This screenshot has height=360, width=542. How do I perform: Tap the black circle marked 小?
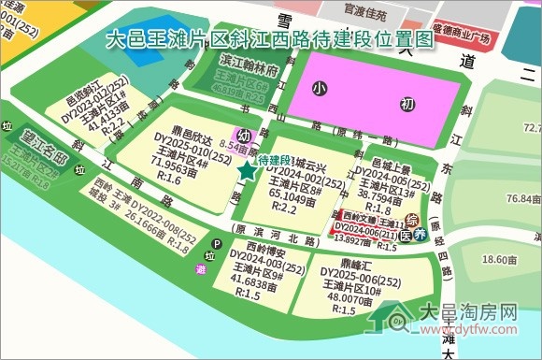pyautogui.click(x=321, y=89)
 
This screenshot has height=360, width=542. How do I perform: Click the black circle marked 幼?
pyautogui.click(x=245, y=135)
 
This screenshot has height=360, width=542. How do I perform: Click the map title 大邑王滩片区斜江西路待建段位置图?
pyautogui.click(x=270, y=39)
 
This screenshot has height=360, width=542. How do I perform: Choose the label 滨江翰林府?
pyautogui.click(x=250, y=71)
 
